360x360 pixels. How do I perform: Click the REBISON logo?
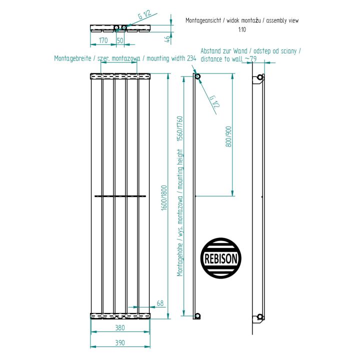click(x=220, y=258)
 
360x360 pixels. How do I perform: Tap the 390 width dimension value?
click(x=120, y=342)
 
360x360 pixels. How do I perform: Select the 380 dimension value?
click(x=120, y=327)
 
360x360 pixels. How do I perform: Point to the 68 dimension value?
click(x=160, y=303)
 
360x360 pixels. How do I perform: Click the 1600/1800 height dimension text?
click(x=164, y=198)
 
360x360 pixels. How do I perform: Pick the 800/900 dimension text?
click(x=228, y=136)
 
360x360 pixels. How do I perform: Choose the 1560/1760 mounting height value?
click(x=180, y=128)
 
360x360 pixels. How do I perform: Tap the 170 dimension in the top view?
click(x=103, y=40)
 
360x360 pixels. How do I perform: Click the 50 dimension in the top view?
click(x=120, y=40)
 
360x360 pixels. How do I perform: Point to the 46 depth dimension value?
click(x=168, y=39)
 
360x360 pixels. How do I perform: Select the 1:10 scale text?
click(x=242, y=29)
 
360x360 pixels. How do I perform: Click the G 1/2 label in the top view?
click(x=144, y=14)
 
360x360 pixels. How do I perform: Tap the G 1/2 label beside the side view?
click(x=214, y=101)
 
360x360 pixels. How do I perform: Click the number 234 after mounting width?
click(x=191, y=58)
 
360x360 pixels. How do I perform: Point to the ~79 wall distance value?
click(x=250, y=59)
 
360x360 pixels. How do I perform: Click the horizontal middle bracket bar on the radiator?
click(x=120, y=196)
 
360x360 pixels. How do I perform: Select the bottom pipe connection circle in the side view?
click(x=197, y=316)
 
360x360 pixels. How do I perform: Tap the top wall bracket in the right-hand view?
click(x=258, y=79)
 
